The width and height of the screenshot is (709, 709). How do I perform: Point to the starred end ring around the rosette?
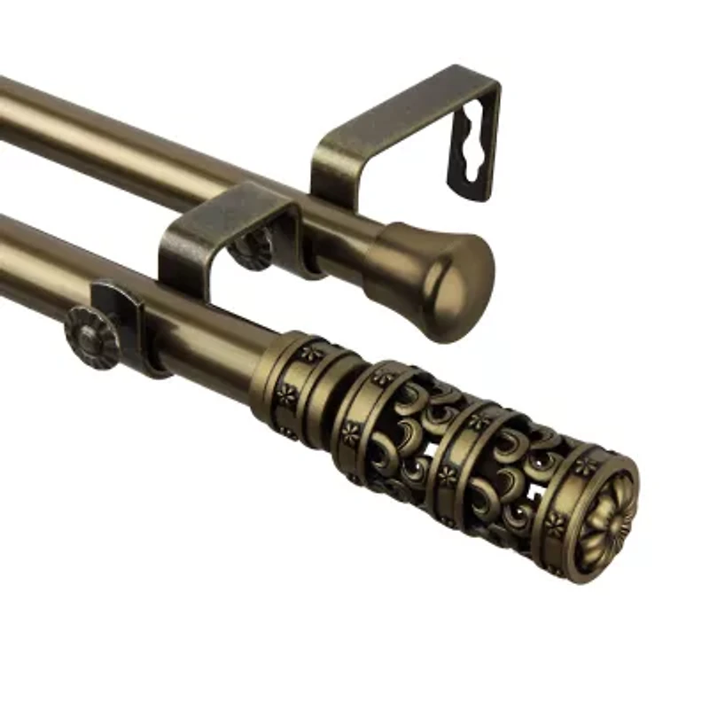(x=567, y=496)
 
